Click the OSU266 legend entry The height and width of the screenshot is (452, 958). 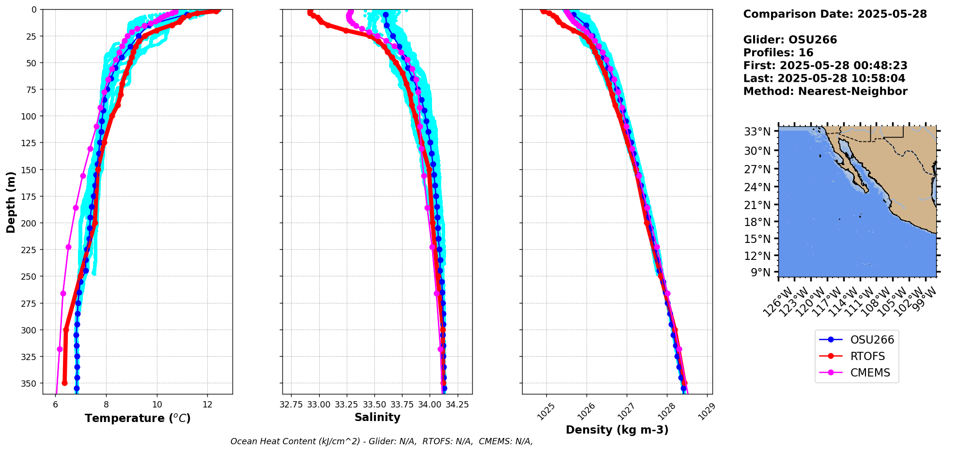click(x=872, y=340)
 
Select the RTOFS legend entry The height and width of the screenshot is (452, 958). click(x=867, y=356)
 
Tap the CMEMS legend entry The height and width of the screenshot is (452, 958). click(x=870, y=373)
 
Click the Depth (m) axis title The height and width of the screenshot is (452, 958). click(x=11, y=202)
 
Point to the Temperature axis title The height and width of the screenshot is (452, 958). click(x=138, y=418)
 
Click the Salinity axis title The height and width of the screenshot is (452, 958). click(x=377, y=417)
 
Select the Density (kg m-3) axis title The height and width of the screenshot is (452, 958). click(x=617, y=430)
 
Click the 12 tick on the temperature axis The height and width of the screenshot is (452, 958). click(x=207, y=405)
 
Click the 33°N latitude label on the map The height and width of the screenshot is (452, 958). click(x=757, y=132)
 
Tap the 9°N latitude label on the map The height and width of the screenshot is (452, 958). click(x=760, y=272)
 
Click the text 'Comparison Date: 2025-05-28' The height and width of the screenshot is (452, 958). click(x=835, y=14)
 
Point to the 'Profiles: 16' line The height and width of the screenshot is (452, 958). click(x=778, y=53)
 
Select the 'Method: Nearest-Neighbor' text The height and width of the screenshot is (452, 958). click(x=825, y=91)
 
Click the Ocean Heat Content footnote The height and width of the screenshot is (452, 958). click(x=382, y=441)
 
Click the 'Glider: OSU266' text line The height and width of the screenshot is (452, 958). click(x=790, y=40)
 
